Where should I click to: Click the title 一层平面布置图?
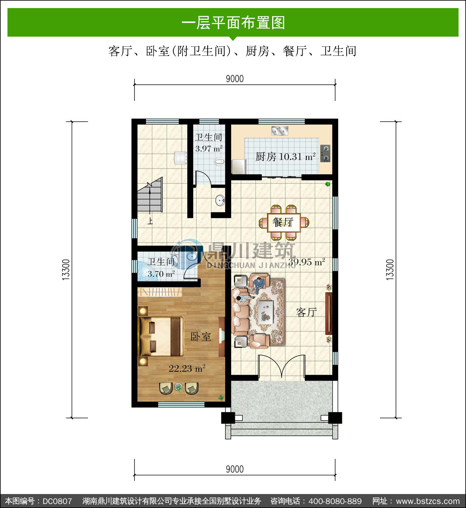pos(233,23)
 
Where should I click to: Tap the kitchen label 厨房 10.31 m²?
pos(286,156)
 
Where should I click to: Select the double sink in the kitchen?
pos(280,131)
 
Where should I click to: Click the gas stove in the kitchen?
pos(325,153)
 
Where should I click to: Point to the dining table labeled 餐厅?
pos(284,222)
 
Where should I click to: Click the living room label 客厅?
pos(307,312)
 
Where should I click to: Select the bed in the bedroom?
pos(161,336)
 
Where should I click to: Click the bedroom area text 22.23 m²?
pos(187,369)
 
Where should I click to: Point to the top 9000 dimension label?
pos(235,79)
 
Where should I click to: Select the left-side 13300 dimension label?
pos(66,270)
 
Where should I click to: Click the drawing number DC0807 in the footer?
pos(57,501)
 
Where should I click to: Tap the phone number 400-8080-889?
pos(335,501)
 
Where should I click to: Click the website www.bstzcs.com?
pos(428,501)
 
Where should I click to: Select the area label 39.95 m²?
pos(307,262)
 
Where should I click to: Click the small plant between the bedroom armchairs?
pos(178,387)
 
